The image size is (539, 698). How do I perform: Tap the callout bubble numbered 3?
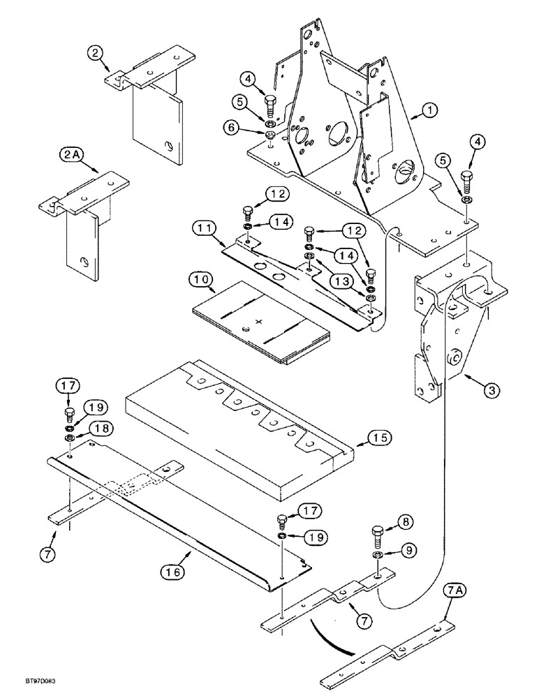point(493,391)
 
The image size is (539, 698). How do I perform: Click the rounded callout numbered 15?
point(381,438)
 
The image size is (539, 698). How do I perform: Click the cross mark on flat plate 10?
point(260,322)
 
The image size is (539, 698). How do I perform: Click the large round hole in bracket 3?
point(454,355)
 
